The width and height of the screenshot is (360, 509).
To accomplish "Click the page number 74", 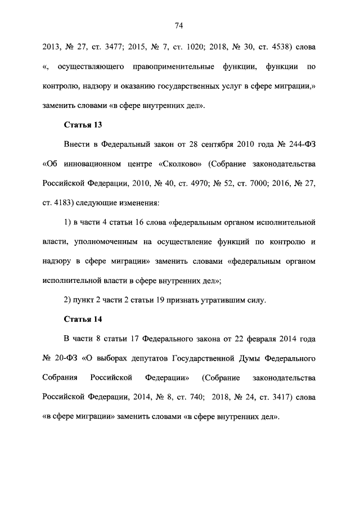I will tap(179, 25).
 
